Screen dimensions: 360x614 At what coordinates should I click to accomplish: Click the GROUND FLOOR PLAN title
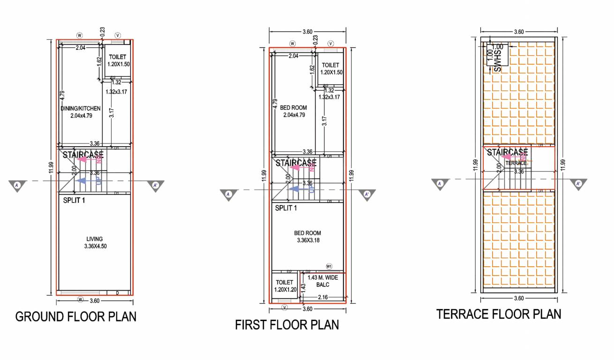coord(76,317)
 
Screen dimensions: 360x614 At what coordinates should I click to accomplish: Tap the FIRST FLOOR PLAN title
coord(287,325)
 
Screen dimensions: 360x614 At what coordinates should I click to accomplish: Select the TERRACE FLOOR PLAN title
coord(499,314)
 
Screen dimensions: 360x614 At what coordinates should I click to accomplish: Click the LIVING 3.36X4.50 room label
coord(94,242)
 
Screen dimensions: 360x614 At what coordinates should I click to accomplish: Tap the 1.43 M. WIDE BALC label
coord(323,281)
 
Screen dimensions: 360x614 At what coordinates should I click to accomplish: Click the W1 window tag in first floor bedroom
coord(329,266)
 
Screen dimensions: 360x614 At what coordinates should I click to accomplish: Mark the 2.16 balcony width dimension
coord(322,297)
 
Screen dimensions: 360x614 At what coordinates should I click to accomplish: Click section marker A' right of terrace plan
coord(578,184)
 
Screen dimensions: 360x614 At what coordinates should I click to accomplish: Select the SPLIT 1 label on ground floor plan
coord(77,200)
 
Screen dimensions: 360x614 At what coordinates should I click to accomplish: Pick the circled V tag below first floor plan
coord(284,307)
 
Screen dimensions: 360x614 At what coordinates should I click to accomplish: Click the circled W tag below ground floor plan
coord(80,300)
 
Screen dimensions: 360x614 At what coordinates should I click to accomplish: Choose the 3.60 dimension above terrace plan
coord(518,32)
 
